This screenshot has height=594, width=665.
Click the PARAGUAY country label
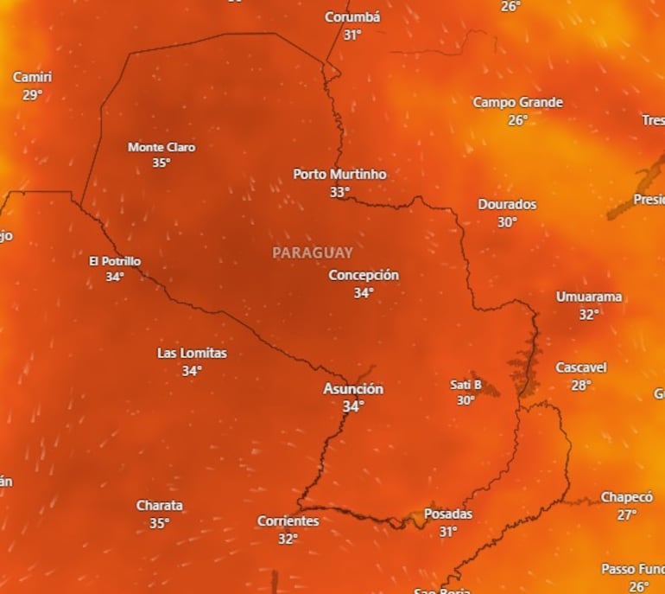(x=313, y=253)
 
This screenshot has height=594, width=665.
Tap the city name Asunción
(x=352, y=389)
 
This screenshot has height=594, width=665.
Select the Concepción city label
(x=364, y=275)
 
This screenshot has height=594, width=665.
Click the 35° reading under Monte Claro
(x=161, y=163)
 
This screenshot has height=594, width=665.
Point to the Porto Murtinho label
(x=339, y=174)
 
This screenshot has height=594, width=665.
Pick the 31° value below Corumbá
(x=352, y=35)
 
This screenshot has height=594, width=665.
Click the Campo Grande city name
(x=517, y=102)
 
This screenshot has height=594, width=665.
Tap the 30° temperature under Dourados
(x=507, y=222)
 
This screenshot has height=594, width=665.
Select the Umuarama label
(x=588, y=297)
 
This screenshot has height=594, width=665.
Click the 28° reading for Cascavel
(x=581, y=385)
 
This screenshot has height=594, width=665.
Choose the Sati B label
(x=465, y=385)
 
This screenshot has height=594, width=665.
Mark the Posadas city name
(x=448, y=514)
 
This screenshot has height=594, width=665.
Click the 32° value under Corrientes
(x=288, y=539)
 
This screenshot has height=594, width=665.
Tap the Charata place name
(x=160, y=505)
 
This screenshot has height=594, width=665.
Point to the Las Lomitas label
(x=192, y=353)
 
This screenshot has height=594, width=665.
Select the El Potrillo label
(x=115, y=261)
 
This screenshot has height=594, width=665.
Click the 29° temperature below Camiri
(x=32, y=95)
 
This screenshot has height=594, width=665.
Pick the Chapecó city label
(x=627, y=497)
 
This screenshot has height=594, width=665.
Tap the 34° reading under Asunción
(x=352, y=406)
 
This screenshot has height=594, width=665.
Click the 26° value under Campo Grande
(x=517, y=120)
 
